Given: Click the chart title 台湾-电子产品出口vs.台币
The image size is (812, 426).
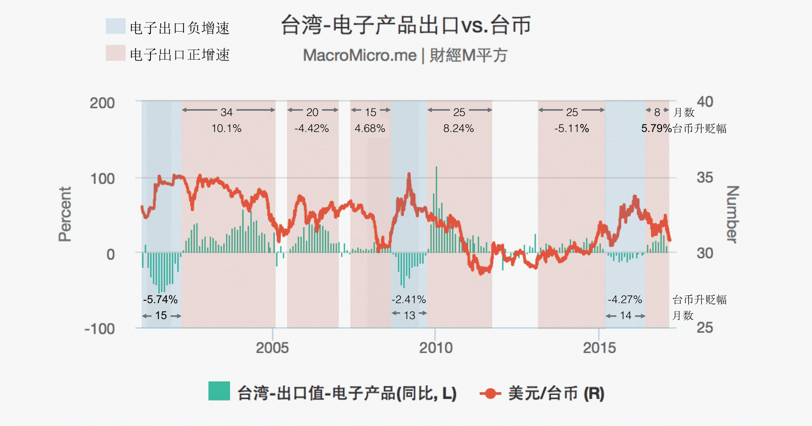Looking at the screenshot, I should tap(405, 25).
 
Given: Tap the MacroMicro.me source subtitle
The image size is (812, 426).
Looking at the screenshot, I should tap(405, 56).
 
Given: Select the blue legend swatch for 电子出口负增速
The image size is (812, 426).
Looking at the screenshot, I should tap(115, 26).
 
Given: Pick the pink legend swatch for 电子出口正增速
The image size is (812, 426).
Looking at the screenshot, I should tap(115, 53).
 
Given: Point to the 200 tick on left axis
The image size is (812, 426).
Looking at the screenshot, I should tap(102, 103).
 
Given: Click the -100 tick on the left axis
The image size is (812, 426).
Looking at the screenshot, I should tap(100, 329).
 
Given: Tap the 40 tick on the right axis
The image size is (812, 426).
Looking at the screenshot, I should tap(705, 102).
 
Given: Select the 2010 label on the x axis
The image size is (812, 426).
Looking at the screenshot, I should tap(436, 348).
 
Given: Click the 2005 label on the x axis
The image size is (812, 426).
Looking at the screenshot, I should tap(272, 348).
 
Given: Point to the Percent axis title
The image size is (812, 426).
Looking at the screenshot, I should tap(65, 214).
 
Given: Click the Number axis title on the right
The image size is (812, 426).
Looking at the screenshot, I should tap(732, 214).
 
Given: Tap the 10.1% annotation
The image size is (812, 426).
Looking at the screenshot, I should tap(227, 129).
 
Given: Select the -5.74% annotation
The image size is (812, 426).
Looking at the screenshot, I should tap(160, 300).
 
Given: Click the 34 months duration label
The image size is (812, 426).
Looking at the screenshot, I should tap(227, 112).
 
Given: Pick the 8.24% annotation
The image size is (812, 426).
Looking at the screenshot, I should tap(458, 129).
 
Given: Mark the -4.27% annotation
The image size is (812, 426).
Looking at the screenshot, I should tap(625, 300).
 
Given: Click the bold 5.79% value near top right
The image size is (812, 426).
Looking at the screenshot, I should tap(656, 129).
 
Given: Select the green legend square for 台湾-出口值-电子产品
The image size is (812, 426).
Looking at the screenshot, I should tap(219, 391).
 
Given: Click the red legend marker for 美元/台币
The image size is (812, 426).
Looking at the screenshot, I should tap(490, 393).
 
